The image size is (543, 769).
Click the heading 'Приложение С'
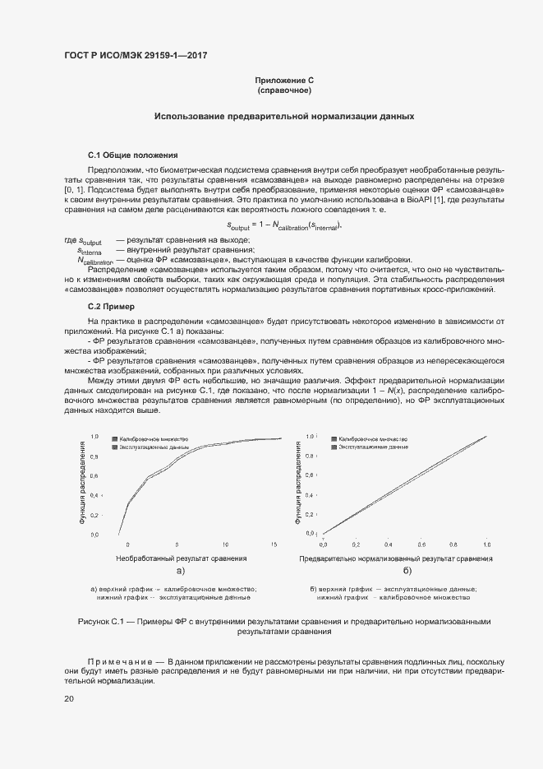pyautogui.click(x=284, y=81)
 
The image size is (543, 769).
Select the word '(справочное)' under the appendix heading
pyautogui.click(x=284, y=90)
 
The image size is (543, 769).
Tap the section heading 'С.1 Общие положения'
pyautogui.click(x=132, y=155)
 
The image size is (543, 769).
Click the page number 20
pyautogui.click(x=69, y=698)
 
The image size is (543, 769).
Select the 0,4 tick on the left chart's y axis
pyautogui.click(x=94, y=495)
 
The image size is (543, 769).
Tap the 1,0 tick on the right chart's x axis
pyautogui.click(x=487, y=544)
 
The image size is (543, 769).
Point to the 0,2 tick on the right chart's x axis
pyautogui.click(x=356, y=544)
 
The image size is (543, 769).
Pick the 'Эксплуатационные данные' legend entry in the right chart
pyautogui.click(x=374, y=447)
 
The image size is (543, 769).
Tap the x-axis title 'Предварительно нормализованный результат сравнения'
pyautogui.click(x=396, y=558)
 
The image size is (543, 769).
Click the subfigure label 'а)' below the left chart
pyautogui.click(x=181, y=570)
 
